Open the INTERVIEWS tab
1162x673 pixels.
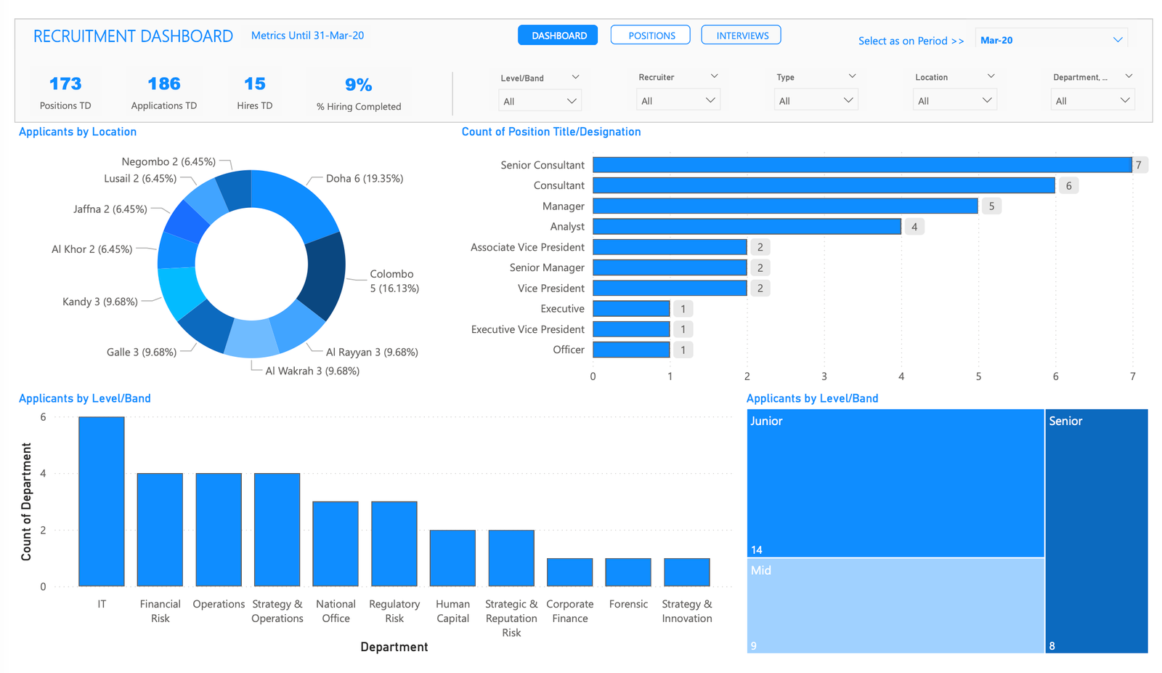[741, 35]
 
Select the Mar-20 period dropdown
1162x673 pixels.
[1050, 40]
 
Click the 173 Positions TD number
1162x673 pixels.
[65, 84]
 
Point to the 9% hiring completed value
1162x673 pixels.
[358, 85]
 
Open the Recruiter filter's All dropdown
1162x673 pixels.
[677, 100]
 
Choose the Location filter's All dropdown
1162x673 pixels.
[954, 100]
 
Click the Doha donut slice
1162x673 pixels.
[294, 200]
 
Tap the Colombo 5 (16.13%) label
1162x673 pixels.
[393, 281]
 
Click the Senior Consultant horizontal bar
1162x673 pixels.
[861, 165]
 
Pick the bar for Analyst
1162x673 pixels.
[747, 227]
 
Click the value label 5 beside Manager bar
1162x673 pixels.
[991, 206]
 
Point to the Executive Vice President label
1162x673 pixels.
[527, 329]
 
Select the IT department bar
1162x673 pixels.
[102, 501]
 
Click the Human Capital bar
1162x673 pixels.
[452, 558]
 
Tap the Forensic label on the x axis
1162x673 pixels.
[628, 604]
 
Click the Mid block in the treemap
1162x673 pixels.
[895, 605]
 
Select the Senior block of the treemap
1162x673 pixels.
[1096, 531]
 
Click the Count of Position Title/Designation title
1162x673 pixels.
[550, 132]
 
